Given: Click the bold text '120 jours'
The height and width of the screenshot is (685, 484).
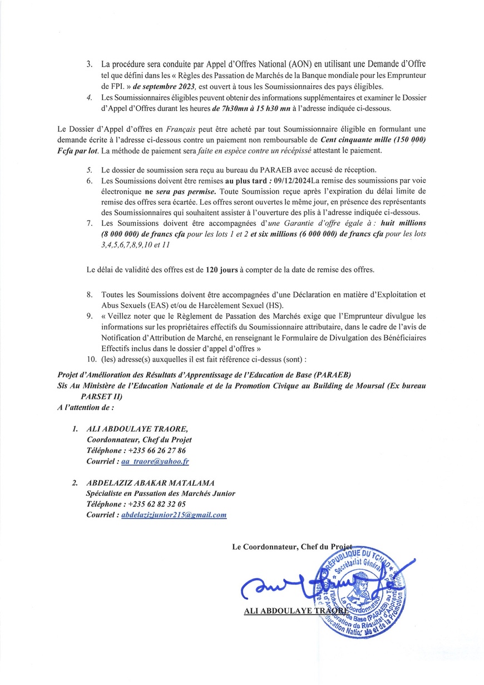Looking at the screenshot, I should coord(222,269).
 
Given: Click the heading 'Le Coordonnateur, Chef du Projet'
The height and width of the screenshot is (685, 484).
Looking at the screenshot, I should coord(292,548).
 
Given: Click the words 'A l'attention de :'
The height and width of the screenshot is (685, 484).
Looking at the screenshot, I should coord(86,408).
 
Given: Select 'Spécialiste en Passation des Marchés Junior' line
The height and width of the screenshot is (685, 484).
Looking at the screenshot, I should coord(161,493).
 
